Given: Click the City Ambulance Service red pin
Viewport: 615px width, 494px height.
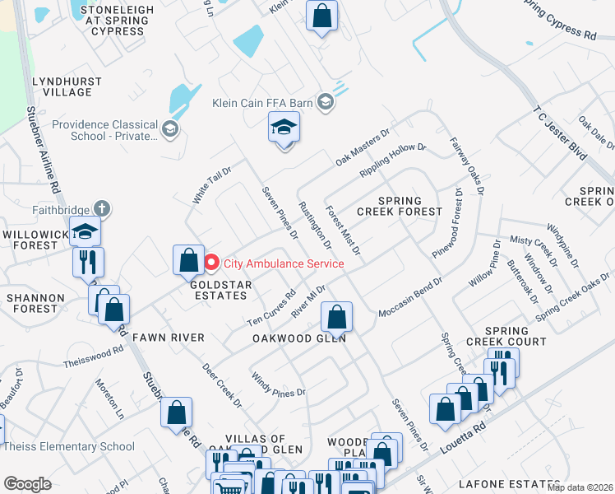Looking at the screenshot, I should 211,263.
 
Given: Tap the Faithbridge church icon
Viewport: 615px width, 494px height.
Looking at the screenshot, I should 101,210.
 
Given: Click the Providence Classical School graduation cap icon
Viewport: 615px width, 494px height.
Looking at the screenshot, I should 169,128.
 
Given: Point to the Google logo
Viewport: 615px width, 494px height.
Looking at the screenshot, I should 27,484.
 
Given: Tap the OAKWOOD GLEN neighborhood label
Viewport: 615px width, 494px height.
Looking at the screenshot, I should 298,338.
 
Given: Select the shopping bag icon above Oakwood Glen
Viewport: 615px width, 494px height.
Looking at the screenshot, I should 335,316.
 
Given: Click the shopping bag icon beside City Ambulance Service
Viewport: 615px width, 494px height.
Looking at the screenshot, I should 188,260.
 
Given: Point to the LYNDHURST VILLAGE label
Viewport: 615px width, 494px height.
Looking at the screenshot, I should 67,86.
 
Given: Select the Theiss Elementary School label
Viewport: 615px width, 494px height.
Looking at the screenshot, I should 69,447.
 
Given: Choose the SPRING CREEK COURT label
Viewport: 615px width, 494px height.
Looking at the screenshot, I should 506,336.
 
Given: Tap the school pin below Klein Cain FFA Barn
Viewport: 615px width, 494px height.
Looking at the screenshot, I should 284,128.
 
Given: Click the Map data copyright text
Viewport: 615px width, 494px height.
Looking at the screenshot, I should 580,487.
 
